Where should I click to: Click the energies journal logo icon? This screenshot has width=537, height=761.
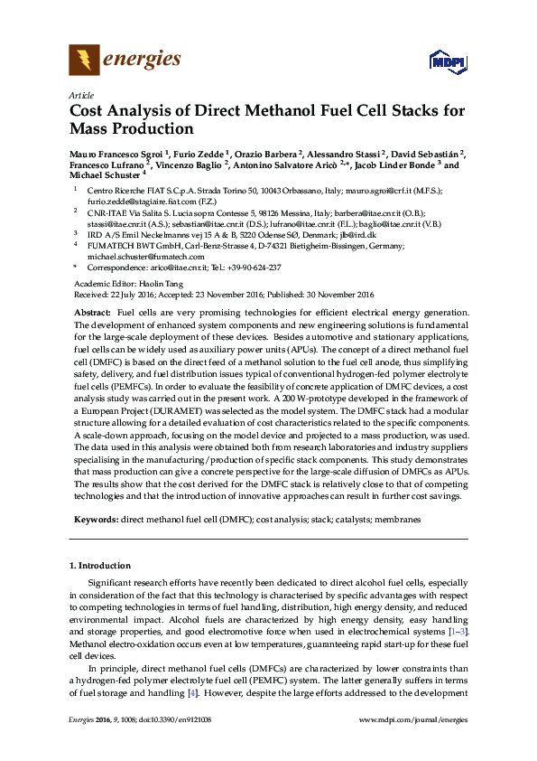coord(85,61)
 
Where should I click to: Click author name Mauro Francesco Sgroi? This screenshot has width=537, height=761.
coord(116,154)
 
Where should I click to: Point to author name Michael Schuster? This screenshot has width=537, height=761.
coord(104,177)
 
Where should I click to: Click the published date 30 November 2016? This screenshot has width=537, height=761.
coord(336,295)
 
